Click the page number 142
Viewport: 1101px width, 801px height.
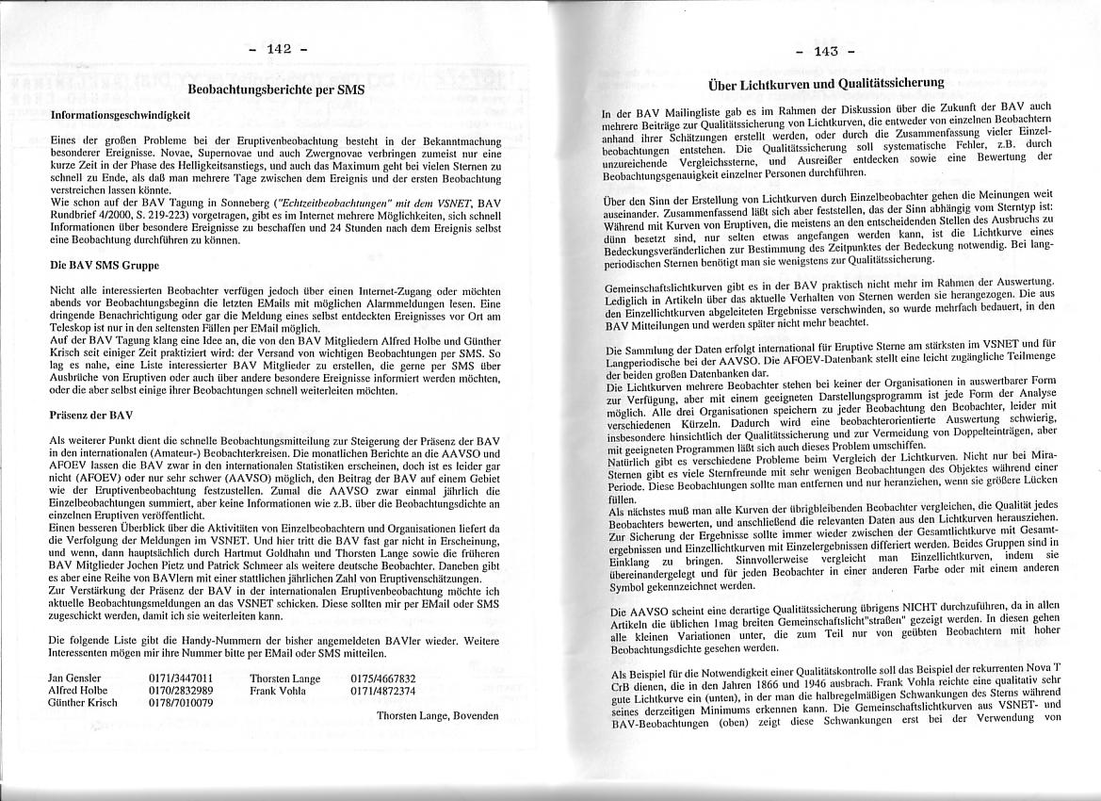point(280,49)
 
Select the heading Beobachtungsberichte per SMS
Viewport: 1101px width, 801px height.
point(276,90)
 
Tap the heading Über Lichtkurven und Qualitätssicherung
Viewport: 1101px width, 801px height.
point(826,84)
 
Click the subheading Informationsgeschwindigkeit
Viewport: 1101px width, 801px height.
point(120,114)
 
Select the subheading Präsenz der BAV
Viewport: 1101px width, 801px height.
point(91,415)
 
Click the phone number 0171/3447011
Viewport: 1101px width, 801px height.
point(181,678)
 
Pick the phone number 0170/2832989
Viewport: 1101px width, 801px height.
point(181,690)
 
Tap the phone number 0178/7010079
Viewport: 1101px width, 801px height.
point(181,703)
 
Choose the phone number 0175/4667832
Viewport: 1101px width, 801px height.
point(382,678)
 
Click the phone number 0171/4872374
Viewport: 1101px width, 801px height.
point(382,690)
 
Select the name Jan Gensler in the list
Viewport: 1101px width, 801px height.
point(74,678)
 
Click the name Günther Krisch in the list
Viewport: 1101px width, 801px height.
point(82,703)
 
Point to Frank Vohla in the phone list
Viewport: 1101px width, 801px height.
point(278,690)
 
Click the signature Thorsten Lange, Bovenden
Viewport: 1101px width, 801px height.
point(437,716)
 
